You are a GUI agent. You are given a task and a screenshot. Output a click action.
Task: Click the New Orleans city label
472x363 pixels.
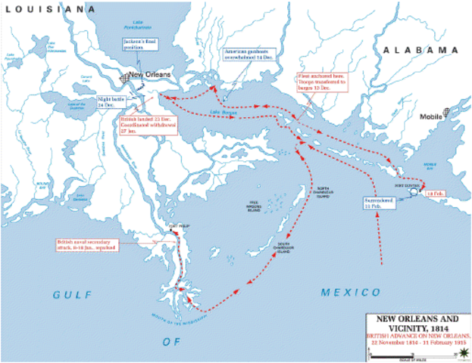[x=150, y=76]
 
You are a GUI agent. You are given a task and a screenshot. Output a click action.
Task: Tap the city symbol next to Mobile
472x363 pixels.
[x=448, y=111]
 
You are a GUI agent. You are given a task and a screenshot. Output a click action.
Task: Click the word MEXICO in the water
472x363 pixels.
[x=350, y=292]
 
